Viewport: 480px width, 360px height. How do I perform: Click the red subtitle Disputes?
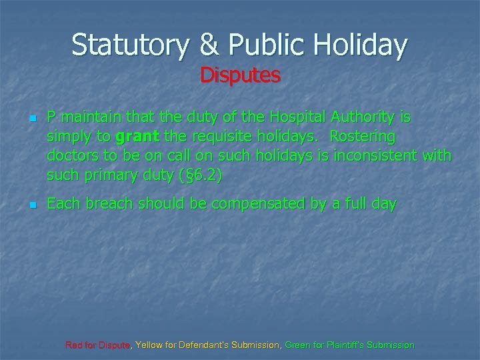pyautogui.click(x=240, y=75)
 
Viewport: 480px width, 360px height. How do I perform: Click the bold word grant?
pyautogui.click(x=135, y=137)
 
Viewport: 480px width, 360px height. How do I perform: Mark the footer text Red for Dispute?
pyautogui.click(x=99, y=345)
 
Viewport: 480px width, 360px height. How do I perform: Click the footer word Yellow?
pyautogui.click(x=150, y=345)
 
